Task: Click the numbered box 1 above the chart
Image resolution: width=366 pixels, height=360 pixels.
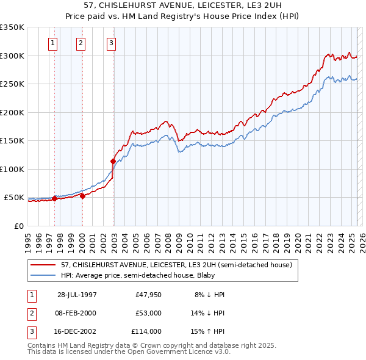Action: point(53,43)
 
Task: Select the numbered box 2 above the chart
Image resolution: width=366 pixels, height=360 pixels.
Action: point(81,43)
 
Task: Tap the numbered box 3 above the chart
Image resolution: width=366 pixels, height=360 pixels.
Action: point(112,43)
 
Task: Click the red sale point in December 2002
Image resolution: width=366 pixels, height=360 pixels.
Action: point(113,162)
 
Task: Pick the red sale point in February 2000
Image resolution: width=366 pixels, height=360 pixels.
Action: point(82,196)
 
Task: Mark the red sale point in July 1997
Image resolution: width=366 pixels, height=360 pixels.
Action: point(55,198)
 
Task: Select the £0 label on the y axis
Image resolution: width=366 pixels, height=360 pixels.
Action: point(19,226)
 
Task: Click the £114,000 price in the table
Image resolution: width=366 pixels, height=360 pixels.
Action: point(146,331)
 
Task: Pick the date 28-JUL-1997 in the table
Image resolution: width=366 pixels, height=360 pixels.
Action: point(77,295)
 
